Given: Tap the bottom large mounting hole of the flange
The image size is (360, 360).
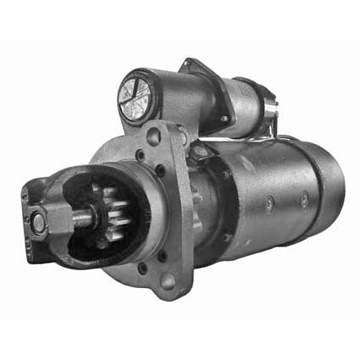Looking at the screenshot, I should tap(168, 279).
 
